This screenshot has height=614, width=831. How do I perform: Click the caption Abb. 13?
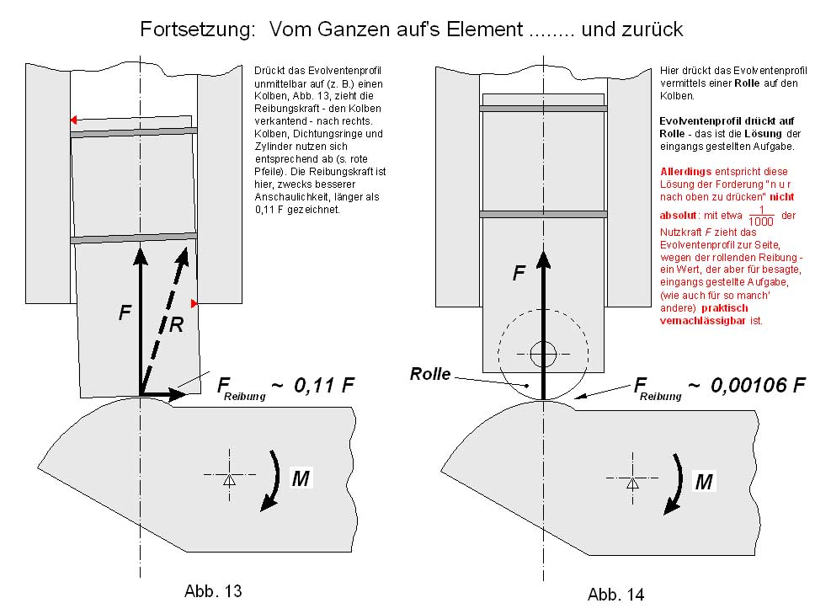[x=213, y=590]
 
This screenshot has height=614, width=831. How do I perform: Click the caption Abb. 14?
[x=615, y=594]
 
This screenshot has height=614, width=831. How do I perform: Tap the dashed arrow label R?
[x=176, y=324]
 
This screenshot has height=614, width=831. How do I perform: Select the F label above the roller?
[x=519, y=273]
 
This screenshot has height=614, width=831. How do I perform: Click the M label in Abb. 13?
[x=300, y=478]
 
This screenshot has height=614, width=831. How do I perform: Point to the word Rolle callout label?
[x=430, y=374]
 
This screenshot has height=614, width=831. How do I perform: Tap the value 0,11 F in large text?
[x=324, y=386]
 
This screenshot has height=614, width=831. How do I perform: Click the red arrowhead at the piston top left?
[x=74, y=120]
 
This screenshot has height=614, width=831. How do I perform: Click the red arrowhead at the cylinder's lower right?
[x=194, y=302]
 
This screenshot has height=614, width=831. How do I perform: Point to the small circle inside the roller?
[x=543, y=353]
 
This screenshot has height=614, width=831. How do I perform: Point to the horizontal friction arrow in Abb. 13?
[x=165, y=393]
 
